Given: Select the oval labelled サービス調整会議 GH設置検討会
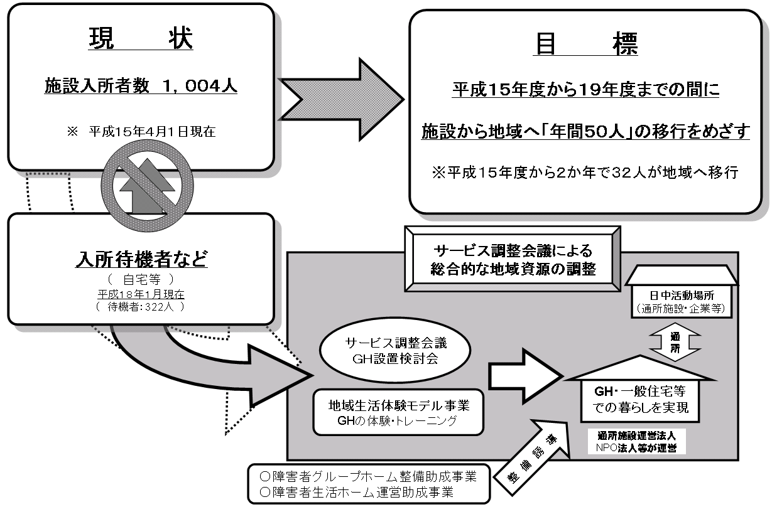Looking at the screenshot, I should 387,352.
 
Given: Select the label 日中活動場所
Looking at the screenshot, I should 682,294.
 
